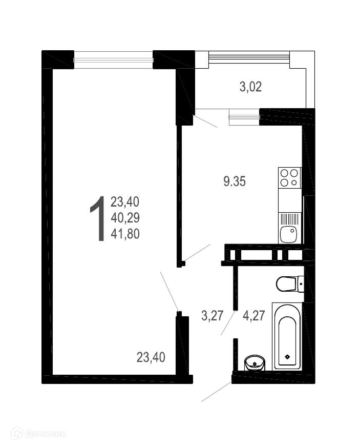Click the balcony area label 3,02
pos(250,87)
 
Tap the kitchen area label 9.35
pos(235,181)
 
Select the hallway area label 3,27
pos(212,316)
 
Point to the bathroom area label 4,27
pos(254,316)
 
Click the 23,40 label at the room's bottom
pos(151,357)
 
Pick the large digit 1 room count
pos(97,219)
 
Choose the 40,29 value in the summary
pos(125,218)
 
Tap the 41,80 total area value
pos(125,234)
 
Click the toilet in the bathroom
pos(290,283)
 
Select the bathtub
pos(287,336)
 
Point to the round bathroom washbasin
pos(255,363)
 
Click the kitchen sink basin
pos(288,234)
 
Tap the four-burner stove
pos(290,177)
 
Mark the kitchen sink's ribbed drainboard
pos(290,219)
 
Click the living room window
pos(113,60)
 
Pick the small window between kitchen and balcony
pos(245,116)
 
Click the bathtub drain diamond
pos(287,356)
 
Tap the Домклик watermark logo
pos(38,434)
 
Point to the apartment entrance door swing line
pos(217,391)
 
